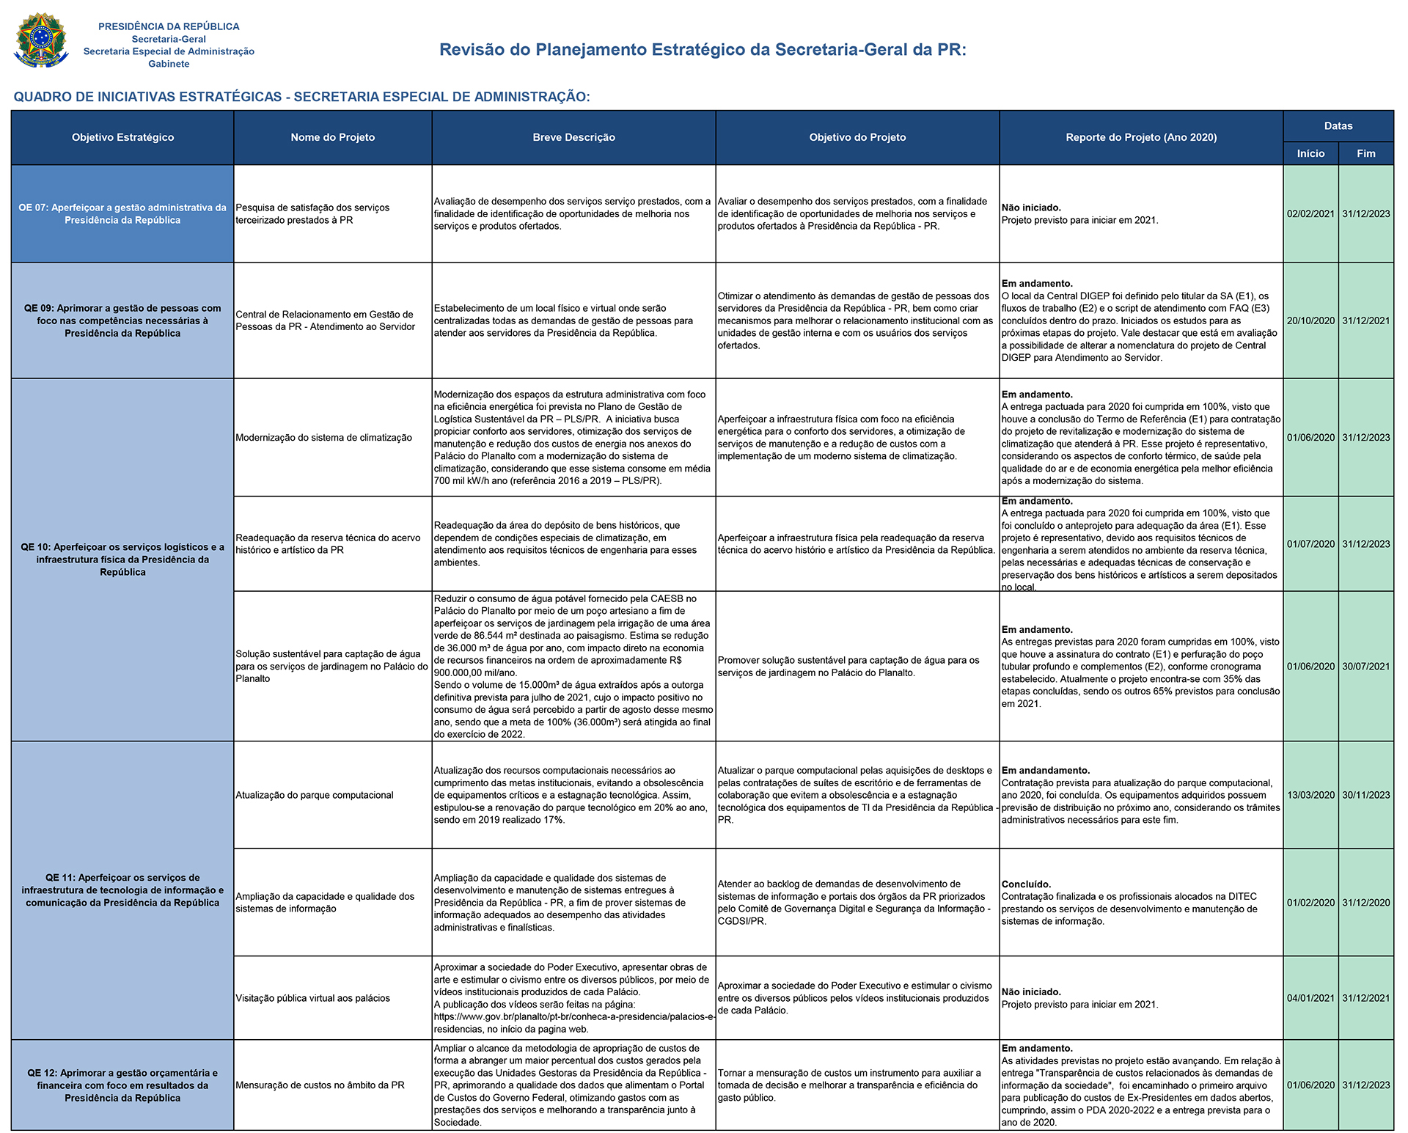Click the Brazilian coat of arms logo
(41, 41)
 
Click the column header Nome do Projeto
(332, 137)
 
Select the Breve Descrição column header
(573, 137)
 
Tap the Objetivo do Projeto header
(857, 137)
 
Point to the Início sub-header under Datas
(1310, 153)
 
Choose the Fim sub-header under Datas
(1365, 153)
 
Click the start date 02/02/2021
(1310, 214)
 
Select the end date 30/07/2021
(1365, 667)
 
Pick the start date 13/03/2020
(1310, 795)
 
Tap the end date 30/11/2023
(1365, 795)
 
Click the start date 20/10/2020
(1310, 320)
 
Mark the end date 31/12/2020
(1365, 903)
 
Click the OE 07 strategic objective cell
(122, 213)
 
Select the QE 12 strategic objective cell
(122, 1085)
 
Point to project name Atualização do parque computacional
(315, 795)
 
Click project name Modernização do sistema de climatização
(323, 438)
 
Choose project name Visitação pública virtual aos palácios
(312, 998)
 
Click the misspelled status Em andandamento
(1046, 771)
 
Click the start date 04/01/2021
(1310, 998)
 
